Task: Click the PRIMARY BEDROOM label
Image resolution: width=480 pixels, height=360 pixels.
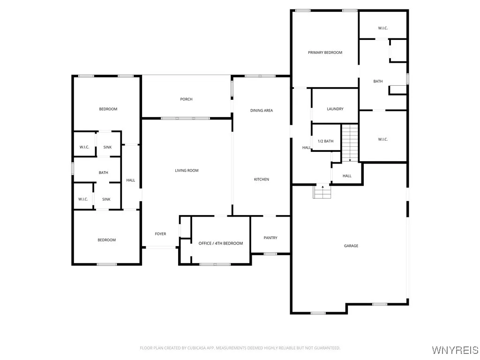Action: (x=325, y=52)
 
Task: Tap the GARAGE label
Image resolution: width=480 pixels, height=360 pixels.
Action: (x=351, y=246)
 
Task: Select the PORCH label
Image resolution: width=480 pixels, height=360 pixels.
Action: (x=186, y=99)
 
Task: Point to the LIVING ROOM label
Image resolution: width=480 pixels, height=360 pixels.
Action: (x=187, y=171)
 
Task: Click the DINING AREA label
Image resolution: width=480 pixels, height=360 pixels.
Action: (x=261, y=111)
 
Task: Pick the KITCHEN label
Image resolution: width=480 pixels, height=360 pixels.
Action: (x=261, y=180)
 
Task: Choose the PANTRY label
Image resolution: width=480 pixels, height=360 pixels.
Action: (x=270, y=238)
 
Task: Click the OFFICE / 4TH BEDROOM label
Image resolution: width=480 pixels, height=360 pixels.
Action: (x=221, y=243)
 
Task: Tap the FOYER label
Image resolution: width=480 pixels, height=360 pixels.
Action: (x=160, y=234)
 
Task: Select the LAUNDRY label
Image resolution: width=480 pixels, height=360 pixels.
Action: (x=335, y=109)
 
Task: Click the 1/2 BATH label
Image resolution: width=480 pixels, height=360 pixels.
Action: (x=325, y=141)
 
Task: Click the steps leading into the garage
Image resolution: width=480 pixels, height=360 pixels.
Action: (x=322, y=192)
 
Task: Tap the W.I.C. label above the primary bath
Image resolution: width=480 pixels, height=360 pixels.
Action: (x=382, y=28)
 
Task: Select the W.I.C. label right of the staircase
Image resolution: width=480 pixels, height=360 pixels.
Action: (x=382, y=139)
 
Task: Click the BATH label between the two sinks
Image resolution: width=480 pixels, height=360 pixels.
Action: (x=103, y=172)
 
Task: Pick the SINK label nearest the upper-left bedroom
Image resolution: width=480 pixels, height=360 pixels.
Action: (x=108, y=147)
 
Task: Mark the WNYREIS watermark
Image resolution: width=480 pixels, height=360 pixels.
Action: (x=455, y=350)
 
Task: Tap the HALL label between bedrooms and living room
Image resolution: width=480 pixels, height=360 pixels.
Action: (x=130, y=180)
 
